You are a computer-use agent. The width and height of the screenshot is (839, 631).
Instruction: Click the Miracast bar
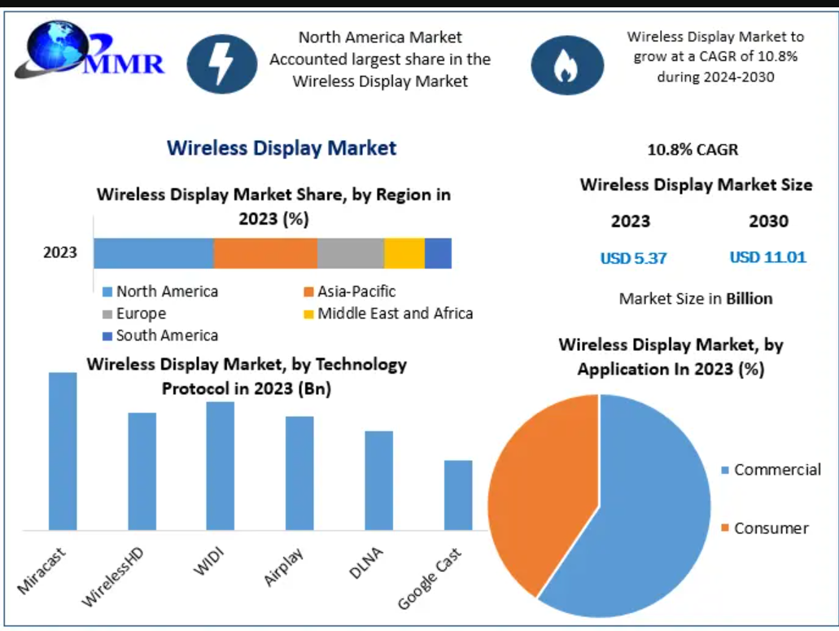63,452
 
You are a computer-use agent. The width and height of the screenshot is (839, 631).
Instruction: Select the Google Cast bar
458,495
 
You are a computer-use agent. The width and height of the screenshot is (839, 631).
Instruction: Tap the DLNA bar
378,480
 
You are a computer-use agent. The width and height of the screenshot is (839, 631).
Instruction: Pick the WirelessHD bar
142,471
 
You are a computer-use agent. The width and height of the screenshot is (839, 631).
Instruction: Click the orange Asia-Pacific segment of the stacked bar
265,253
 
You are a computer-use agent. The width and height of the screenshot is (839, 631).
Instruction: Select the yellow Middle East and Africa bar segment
404,253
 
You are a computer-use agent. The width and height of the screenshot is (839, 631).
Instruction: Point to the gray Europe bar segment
351,253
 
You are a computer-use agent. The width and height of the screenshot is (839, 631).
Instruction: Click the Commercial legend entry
771,470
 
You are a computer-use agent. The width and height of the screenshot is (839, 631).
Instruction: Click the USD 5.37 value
633,258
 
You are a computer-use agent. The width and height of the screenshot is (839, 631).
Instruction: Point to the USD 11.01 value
767,257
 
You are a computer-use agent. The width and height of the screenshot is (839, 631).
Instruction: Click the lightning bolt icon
222,64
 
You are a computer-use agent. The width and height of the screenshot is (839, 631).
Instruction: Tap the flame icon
567,65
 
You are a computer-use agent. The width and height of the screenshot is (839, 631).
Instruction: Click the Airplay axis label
284,567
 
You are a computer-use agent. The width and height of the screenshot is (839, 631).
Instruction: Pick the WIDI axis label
208,563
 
